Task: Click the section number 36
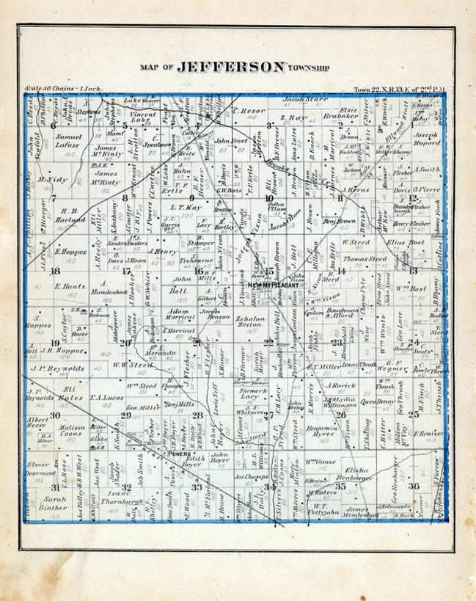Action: point(435,486)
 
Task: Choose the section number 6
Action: point(54,125)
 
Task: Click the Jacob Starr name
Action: point(304,96)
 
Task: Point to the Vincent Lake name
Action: point(144,119)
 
